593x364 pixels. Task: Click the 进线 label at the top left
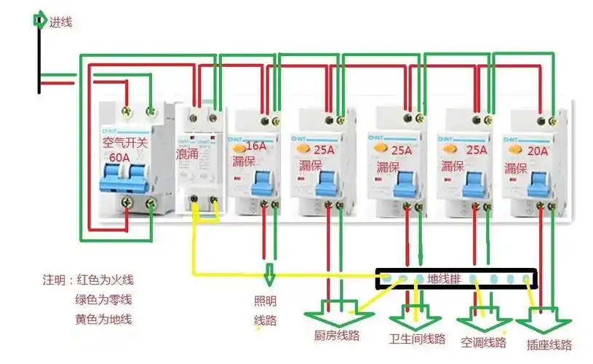click(x=60, y=22)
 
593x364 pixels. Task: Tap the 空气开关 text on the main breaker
click(x=125, y=143)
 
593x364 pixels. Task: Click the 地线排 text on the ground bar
click(x=444, y=278)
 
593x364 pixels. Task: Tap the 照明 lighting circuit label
click(x=264, y=302)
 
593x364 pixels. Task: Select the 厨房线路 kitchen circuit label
click(x=337, y=336)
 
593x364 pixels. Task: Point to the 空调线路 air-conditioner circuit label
click(x=483, y=341)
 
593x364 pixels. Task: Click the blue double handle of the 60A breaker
click(x=126, y=175)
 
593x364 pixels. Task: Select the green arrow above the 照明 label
click(x=269, y=276)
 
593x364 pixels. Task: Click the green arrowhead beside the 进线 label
click(x=39, y=20)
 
